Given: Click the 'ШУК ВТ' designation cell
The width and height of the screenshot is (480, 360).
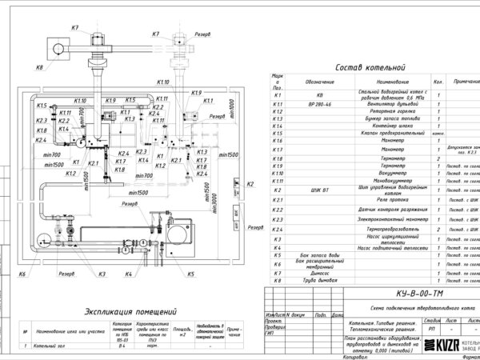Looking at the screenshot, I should (x=311, y=190).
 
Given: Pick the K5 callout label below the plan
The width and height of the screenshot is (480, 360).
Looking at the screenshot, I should (x=190, y=274).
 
